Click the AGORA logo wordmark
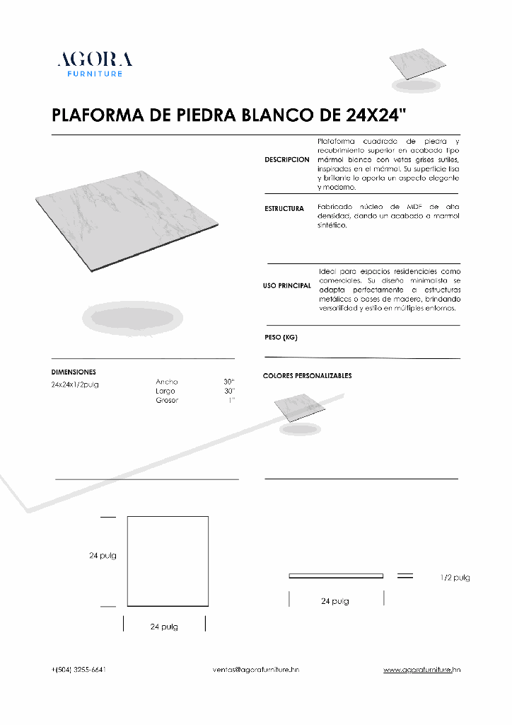point(95,59)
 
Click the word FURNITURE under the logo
point(95,74)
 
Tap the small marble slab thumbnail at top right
point(419,66)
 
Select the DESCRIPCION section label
point(287,160)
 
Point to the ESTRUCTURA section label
point(284,209)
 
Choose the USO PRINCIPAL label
point(287,285)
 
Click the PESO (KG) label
point(281,338)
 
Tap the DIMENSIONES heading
point(74,372)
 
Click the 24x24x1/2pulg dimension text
point(74,384)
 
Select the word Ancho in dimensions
point(167,382)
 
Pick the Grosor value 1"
point(231,400)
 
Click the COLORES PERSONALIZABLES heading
point(307,376)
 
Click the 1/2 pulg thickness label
point(455,578)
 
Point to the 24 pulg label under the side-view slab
point(334,601)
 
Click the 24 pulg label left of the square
point(103,556)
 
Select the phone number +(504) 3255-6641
point(79,669)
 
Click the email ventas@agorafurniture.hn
point(255,669)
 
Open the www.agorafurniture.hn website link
point(422,669)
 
